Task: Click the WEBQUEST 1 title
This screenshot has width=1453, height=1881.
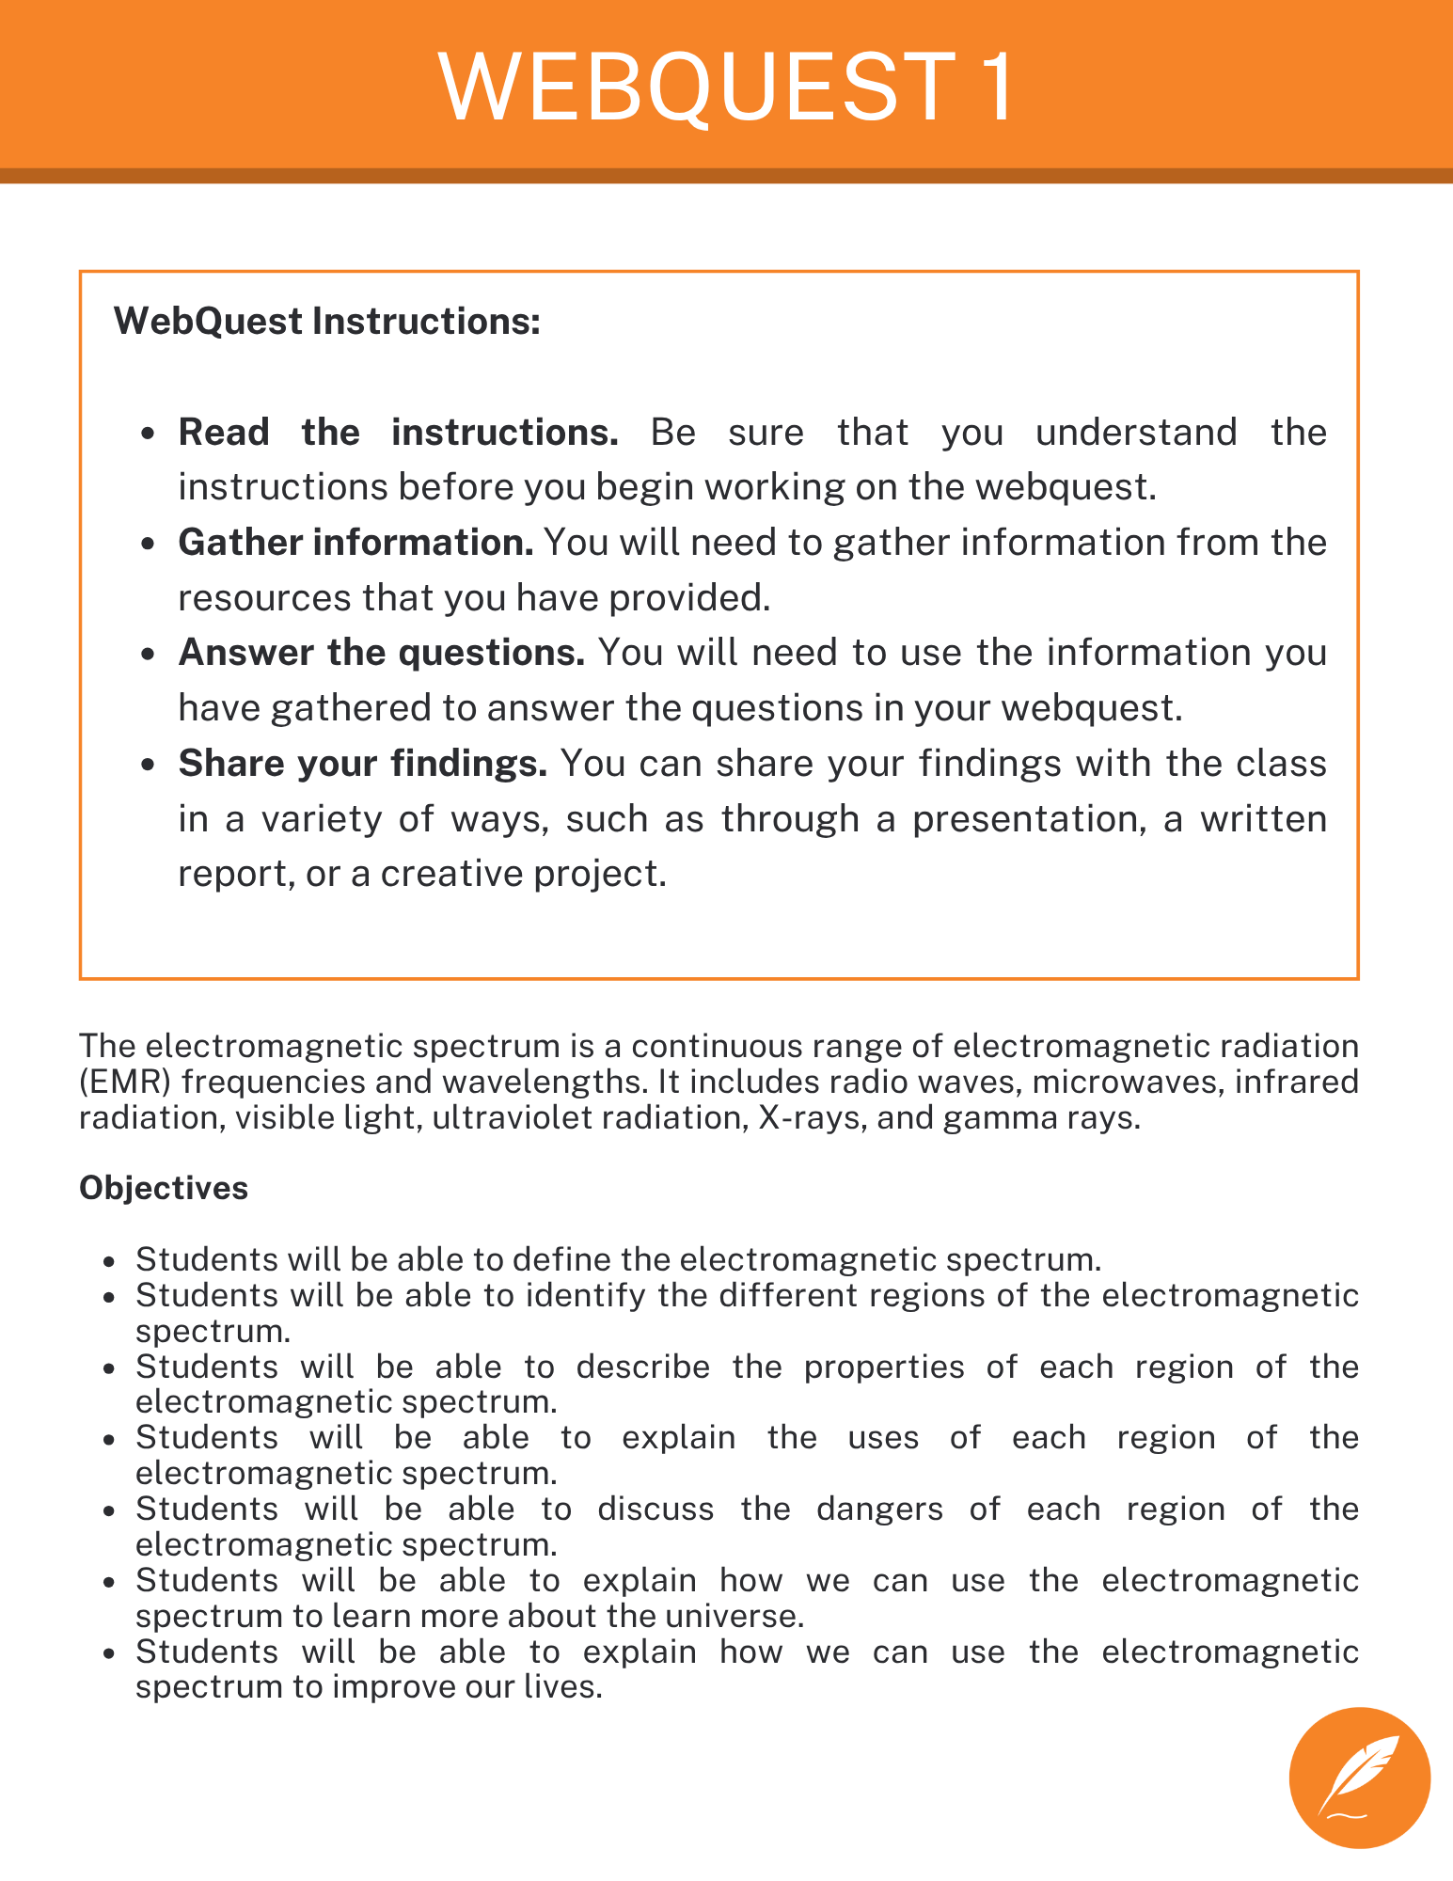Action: coord(726,87)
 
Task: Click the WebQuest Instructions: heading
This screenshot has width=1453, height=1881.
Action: coord(326,322)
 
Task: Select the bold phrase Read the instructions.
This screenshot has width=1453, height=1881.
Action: coord(398,433)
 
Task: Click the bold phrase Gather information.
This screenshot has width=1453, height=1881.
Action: coord(355,543)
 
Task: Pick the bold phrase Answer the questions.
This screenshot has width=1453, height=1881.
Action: coord(381,653)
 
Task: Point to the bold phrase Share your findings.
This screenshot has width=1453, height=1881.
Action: coord(362,763)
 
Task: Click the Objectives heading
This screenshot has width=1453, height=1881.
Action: coord(164,1188)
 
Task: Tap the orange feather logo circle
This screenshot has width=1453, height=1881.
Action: coord(1359,1778)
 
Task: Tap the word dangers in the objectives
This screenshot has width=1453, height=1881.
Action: coord(879,1509)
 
